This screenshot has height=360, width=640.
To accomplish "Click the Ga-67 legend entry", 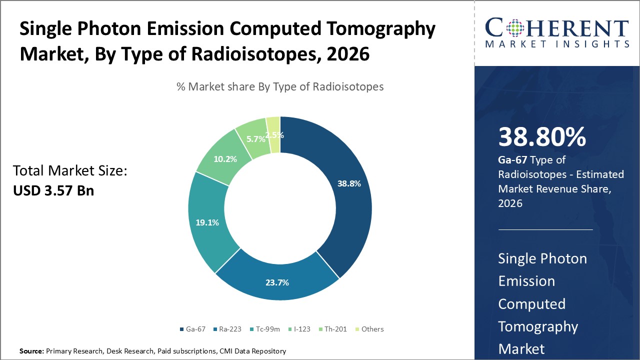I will click(192, 329).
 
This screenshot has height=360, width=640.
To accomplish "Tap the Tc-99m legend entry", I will click(266, 329).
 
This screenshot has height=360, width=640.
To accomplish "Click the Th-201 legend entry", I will click(333, 329).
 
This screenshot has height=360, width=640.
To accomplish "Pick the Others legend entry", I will click(369, 329).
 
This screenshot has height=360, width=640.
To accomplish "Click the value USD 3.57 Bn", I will click(53, 190).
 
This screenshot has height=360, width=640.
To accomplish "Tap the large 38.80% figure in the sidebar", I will click(542, 137).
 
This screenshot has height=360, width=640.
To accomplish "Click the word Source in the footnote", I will click(31, 351).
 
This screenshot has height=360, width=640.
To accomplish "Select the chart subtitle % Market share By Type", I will click(280, 86).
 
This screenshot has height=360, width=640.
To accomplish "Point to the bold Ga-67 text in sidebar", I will click(513, 160).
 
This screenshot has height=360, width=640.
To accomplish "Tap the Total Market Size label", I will click(70, 171).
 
